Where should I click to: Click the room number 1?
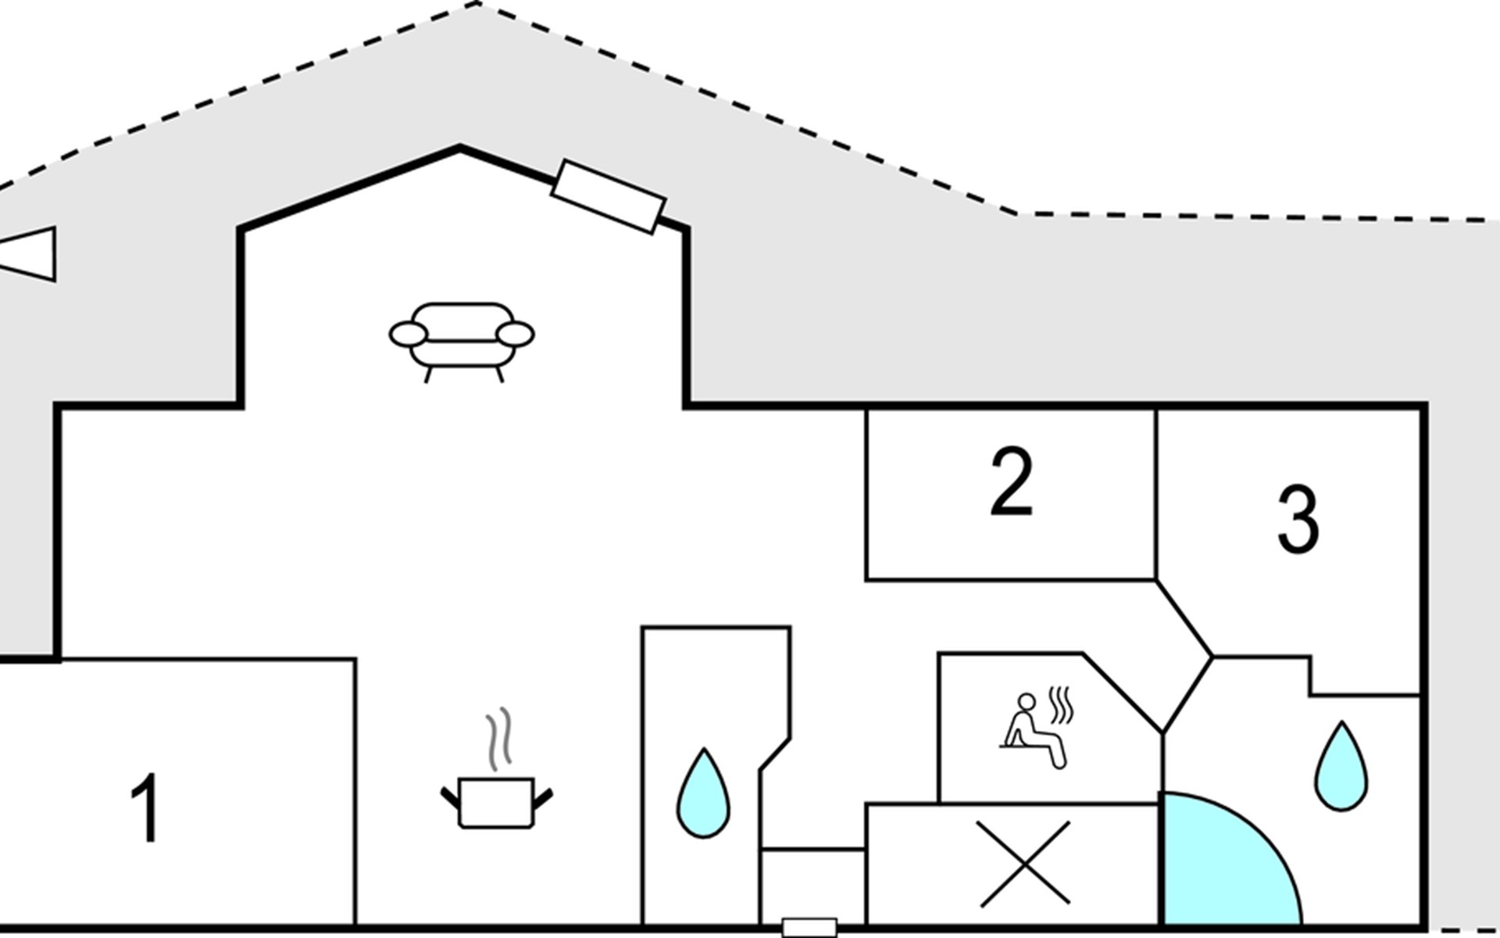pos(145,808)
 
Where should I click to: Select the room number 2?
pos(1011,483)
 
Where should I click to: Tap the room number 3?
pos(1298,519)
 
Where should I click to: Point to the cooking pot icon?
pos(496,802)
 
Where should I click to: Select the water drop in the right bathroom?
pos(1341,768)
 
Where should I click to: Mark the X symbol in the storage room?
pos(1024,864)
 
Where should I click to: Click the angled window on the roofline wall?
pos(608,196)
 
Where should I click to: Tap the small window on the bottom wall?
pos(809,928)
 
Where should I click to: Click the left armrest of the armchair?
pos(408,335)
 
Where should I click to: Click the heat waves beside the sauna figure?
pos(1060,706)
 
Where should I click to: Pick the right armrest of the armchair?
pos(516,335)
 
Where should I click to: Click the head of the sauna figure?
pos(1027,700)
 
